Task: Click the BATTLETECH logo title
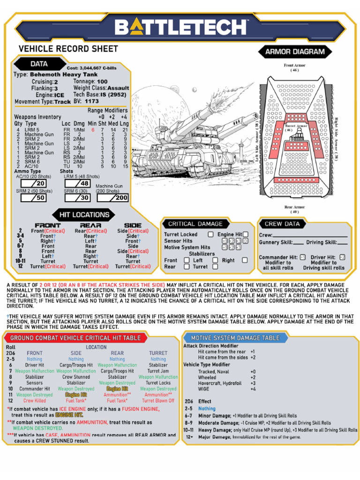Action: [x=180, y=27]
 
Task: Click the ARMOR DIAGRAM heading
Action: [x=295, y=52]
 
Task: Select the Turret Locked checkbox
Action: [x=210, y=234]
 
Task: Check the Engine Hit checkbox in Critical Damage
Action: [x=245, y=234]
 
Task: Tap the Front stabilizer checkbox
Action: [x=187, y=260]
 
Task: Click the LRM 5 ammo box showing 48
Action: [x=78, y=184]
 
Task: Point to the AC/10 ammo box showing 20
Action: [x=34, y=184]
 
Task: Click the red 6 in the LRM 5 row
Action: [x=93, y=130]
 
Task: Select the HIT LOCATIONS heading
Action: [x=84, y=215]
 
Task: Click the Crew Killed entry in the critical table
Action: [x=35, y=401]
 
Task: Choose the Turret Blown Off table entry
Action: [x=158, y=401]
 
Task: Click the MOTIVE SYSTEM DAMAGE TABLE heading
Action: [x=235, y=337]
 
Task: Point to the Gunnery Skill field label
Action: [x=276, y=242]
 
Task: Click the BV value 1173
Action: [x=92, y=101]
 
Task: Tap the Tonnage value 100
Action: [x=102, y=82]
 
